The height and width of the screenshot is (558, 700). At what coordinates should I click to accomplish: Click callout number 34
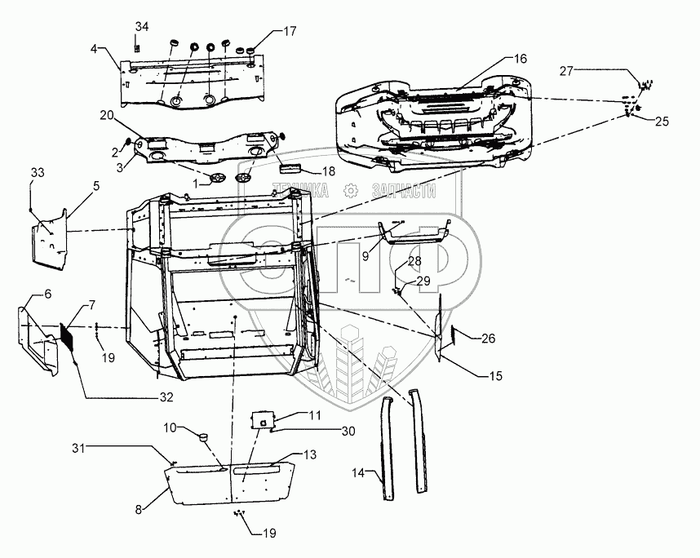pos(142,27)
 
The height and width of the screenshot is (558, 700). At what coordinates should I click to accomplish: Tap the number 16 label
pos(521,58)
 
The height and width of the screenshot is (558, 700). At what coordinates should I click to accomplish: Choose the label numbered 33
pos(38,172)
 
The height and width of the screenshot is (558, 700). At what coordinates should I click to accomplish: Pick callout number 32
pos(166,398)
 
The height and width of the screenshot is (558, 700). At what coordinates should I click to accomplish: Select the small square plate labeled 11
pos(263,420)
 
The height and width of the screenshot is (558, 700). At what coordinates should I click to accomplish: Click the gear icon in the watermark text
pos(350,191)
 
